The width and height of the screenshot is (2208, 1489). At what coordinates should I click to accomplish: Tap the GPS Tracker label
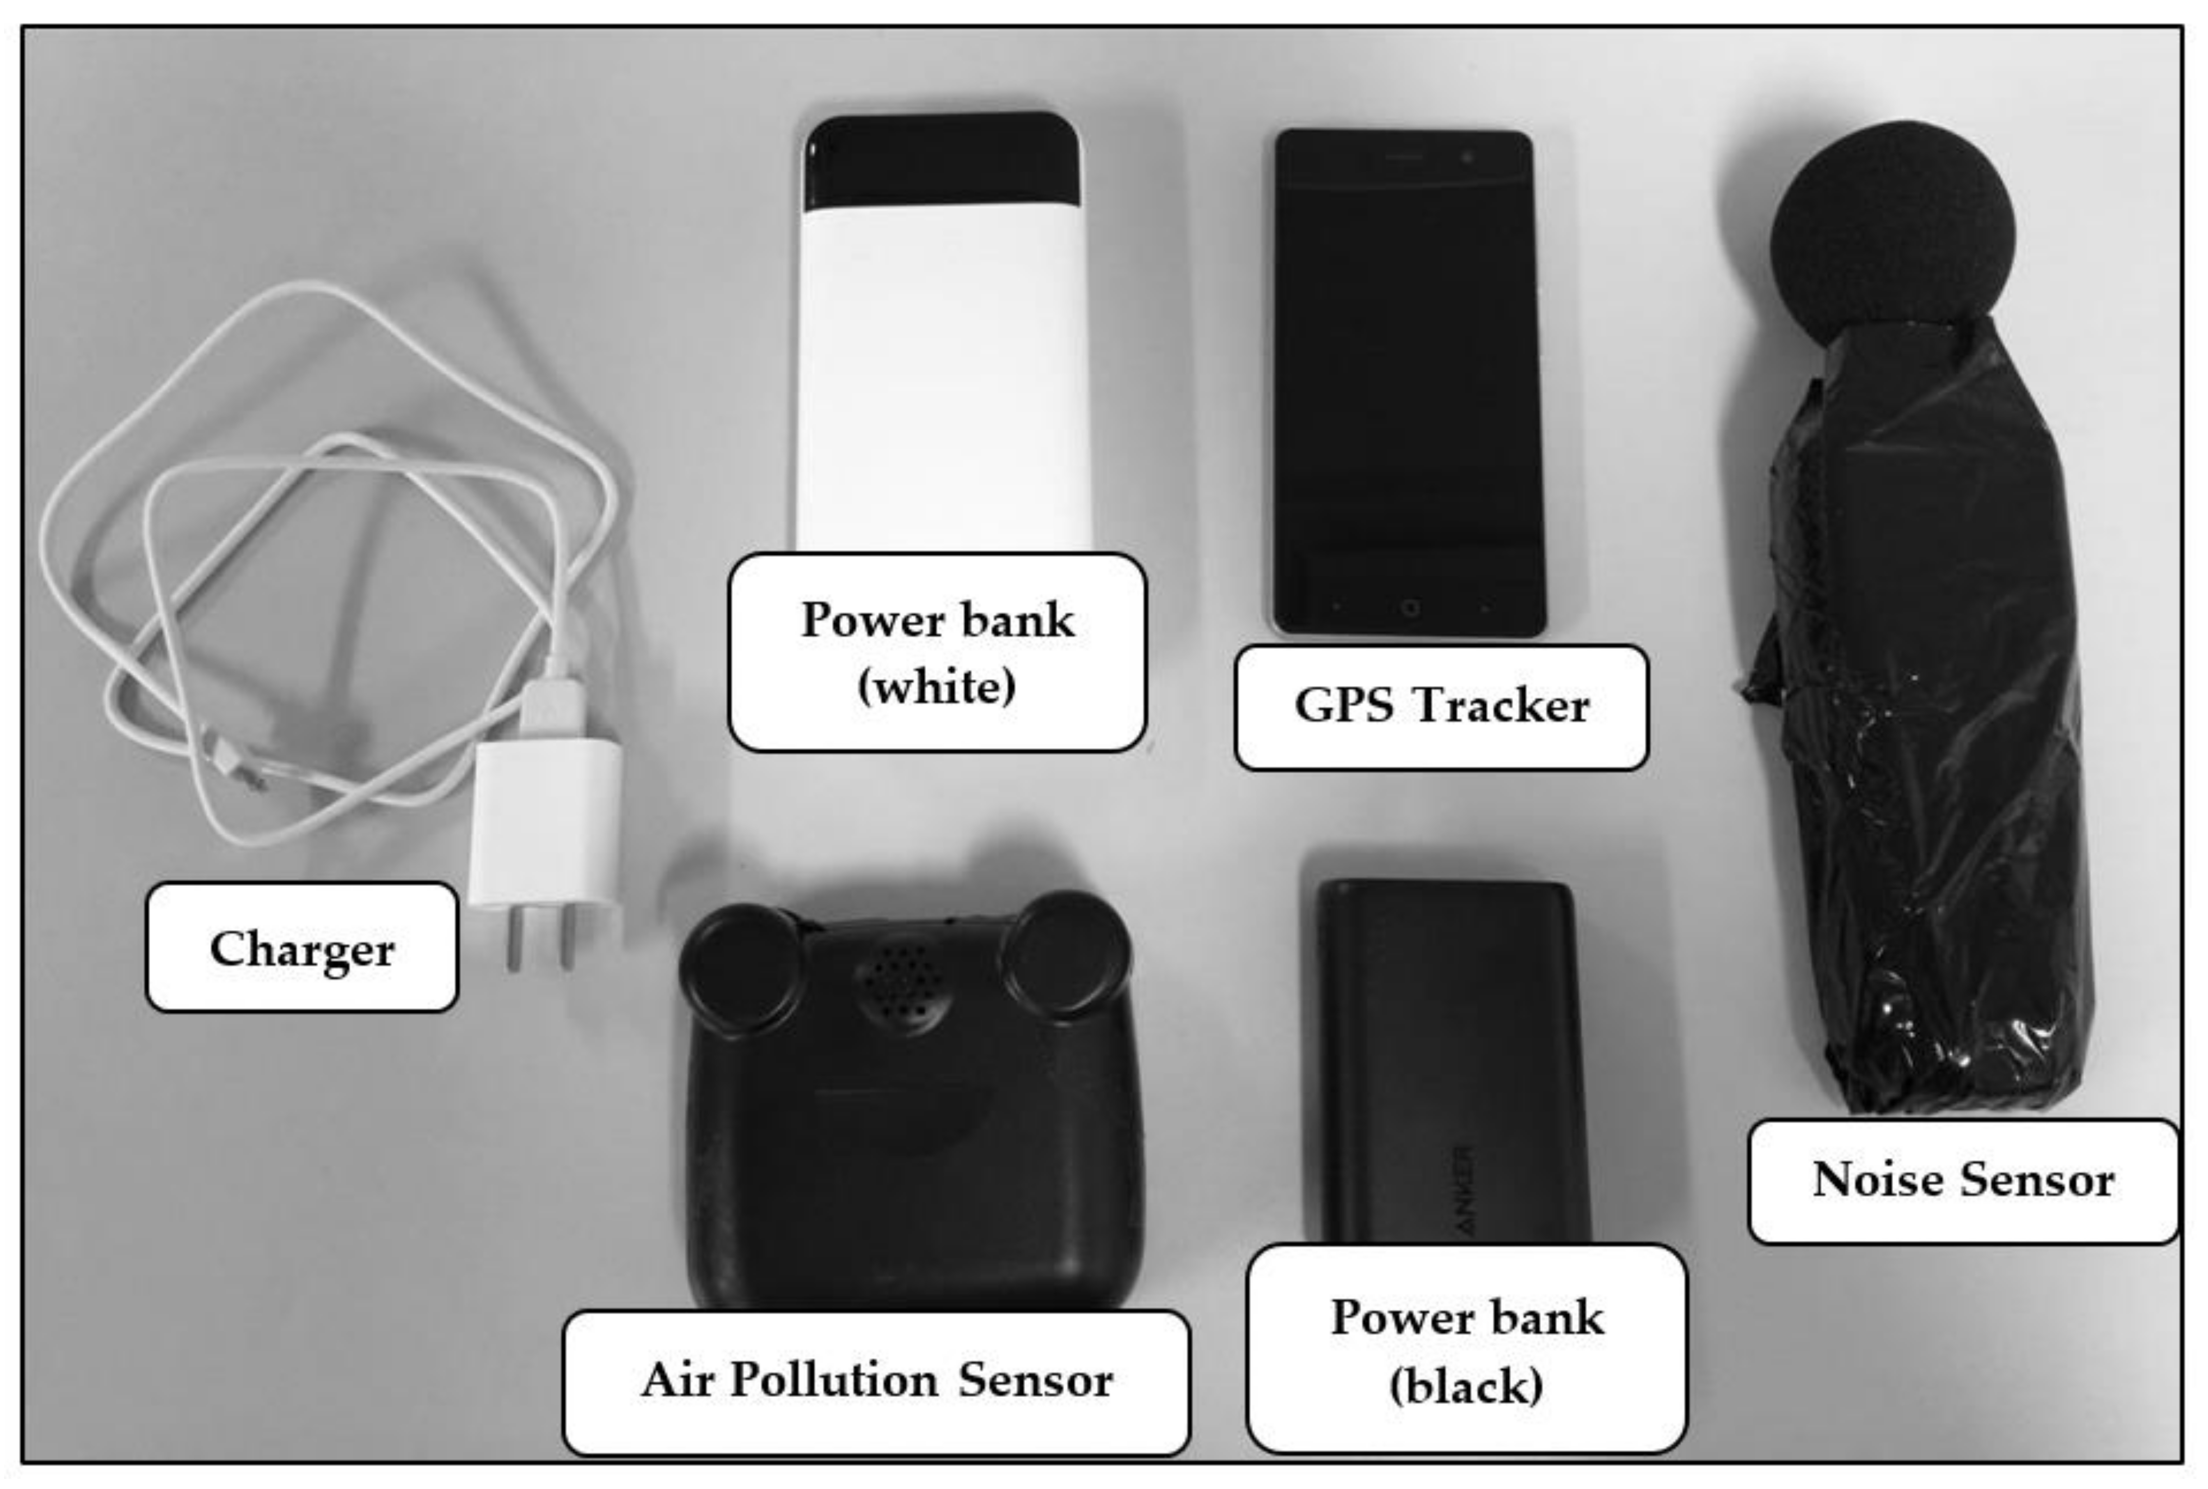click(1441, 706)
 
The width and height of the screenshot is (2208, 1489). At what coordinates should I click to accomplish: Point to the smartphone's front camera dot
click(1467, 156)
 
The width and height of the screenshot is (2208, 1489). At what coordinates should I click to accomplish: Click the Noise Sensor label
click(1963, 1180)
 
